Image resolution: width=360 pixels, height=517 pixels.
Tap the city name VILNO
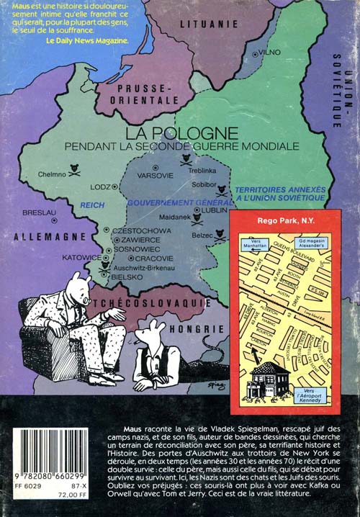(x=269, y=53)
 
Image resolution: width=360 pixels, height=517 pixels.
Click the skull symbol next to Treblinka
(x=186, y=160)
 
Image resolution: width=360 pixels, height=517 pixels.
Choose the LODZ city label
(x=100, y=186)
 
